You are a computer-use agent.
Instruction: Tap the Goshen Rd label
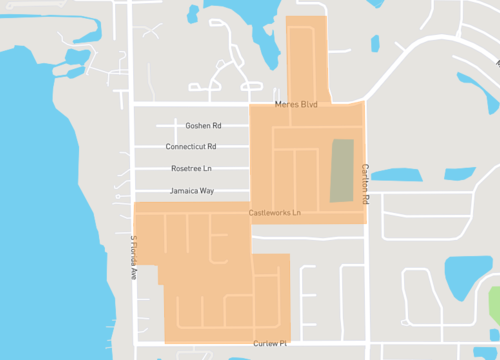[x=203, y=126]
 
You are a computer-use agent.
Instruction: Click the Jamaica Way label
[x=192, y=190]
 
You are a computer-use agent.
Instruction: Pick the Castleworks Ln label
[x=275, y=213]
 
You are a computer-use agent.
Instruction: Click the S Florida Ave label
[x=131, y=258]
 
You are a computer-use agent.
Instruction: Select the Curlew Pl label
[x=270, y=343]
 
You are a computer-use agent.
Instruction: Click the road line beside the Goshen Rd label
[x=165, y=126]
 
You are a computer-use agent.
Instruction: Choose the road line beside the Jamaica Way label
[x=155, y=190]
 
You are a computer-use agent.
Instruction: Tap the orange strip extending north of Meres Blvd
[x=306, y=55]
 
